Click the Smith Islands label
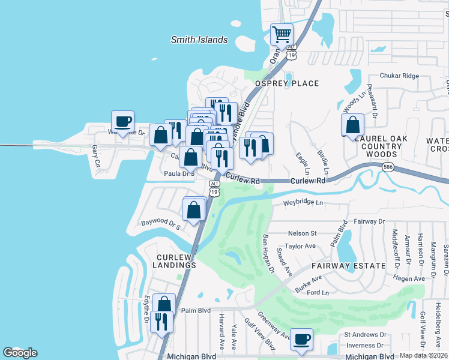tap(199, 40)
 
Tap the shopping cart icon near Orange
tap(282, 34)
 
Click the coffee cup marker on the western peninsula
tap(123, 122)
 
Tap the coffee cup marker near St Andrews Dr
tap(302, 339)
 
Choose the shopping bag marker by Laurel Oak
tap(353, 125)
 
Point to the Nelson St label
tap(302, 233)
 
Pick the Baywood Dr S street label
tap(161, 224)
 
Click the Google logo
tap(20, 353)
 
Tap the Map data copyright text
tap(424, 355)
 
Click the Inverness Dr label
tap(364, 346)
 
